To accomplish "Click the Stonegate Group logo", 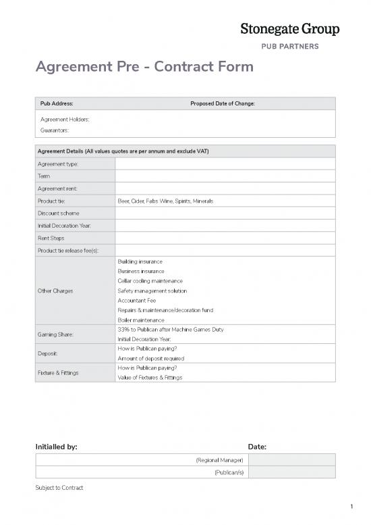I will pos(290,28).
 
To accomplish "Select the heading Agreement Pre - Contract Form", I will pos(144,67).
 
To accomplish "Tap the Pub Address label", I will pos(55,103).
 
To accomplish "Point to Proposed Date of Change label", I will pos(222,103).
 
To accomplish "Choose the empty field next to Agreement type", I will pos(225,164).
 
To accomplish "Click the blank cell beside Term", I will pos(225,176).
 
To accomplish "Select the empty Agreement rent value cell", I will pos(225,189).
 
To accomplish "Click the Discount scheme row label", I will pos(59,214).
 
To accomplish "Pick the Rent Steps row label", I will pos(53,238).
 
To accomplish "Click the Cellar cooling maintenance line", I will pos(150,280).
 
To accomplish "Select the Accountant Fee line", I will pos(137,300).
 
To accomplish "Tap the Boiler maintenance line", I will pos(141,320).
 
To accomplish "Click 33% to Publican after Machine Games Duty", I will pos(170,329).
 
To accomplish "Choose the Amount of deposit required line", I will pos(151,358).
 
